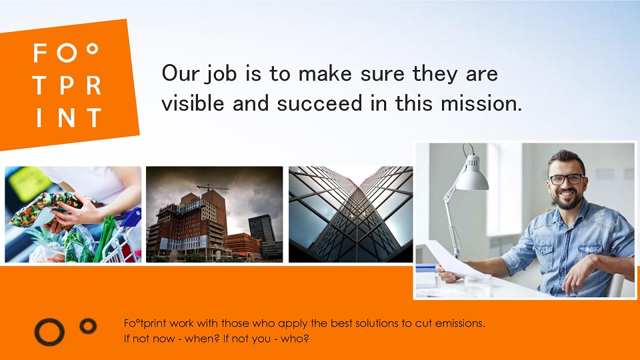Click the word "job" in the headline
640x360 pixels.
tap(221, 75)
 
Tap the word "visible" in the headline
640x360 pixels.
tap(193, 103)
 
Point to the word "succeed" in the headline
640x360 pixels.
tap(319, 103)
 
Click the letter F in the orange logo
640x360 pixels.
tap(40, 53)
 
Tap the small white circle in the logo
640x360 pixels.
tap(93, 49)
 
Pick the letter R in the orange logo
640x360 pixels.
tap(94, 85)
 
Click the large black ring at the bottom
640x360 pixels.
tap(49, 332)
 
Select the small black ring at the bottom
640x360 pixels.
tap(88, 326)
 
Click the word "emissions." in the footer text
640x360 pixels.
tap(460, 323)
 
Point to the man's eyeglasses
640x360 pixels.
tap(567, 179)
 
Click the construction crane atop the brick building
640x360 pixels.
tap(212, 188)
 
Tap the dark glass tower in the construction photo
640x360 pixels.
tap(262, 229)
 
